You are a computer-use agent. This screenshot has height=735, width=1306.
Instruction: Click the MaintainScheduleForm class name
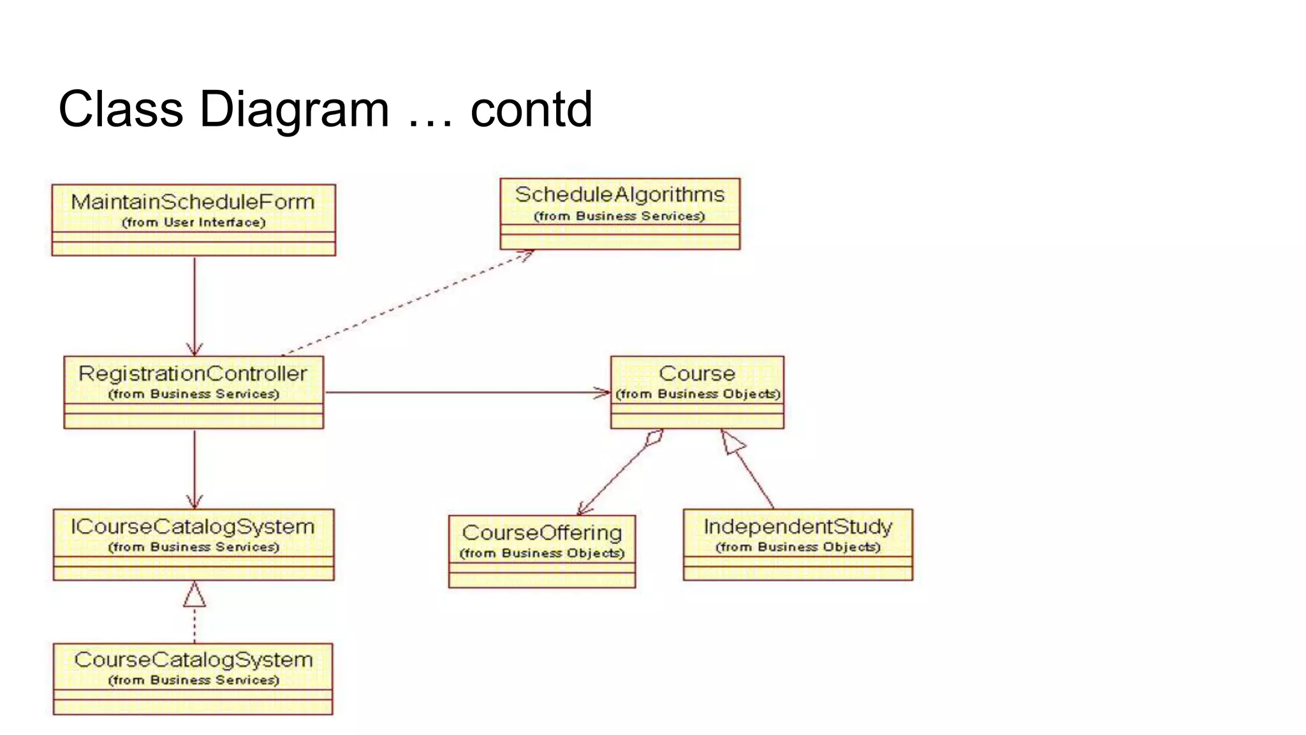point(193,202)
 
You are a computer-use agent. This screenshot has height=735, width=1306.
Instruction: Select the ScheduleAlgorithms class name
point(619,195)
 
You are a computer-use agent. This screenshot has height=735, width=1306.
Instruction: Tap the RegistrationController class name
point(193,373)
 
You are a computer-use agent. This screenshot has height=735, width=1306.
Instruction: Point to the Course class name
point(697,373)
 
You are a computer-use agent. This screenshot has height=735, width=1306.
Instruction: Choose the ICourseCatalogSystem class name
point(193,526)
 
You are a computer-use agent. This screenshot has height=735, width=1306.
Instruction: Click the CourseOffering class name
point(542,533)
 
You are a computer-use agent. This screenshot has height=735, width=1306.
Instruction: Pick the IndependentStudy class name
point(798,526)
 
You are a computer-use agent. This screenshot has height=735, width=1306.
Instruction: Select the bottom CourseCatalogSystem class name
point(193,660)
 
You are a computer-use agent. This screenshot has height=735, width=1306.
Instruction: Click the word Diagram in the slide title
point(294,109)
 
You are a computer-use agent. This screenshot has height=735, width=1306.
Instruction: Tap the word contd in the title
point(531,109)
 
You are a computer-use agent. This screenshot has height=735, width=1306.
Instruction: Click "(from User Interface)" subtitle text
point(193,223)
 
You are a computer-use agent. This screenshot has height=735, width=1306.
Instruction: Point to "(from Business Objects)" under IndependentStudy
point(798,547)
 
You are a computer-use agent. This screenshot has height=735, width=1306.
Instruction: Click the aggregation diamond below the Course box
point(654,438)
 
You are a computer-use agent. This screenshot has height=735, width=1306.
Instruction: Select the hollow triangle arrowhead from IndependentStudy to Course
point(732,442)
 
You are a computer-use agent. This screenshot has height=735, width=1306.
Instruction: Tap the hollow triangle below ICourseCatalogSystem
point(194,595)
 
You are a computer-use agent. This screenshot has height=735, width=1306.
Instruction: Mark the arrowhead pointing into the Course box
point(603,392)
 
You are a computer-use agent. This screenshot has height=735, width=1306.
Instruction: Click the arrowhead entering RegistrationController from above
point(194,349)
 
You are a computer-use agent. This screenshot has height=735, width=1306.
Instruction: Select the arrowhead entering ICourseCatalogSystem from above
point(194,501)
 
